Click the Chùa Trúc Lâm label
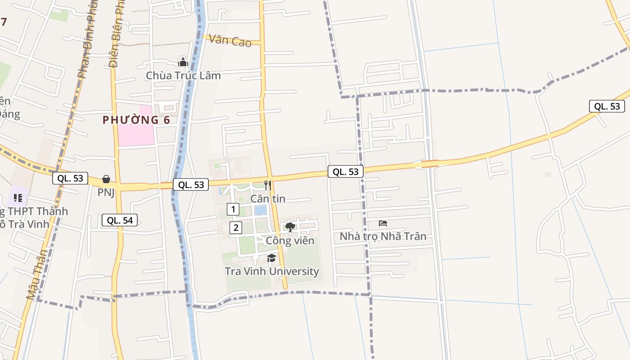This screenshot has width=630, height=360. pos(183,75)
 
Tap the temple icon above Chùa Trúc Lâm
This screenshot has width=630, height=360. pos(183,62)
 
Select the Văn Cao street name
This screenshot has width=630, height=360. pos(230,41)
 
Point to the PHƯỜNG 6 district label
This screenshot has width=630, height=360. pos(136,120)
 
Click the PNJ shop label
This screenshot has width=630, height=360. pos(106,193)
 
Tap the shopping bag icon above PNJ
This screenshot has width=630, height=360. pos(106,180)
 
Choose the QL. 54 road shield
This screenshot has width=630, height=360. pos(119,220)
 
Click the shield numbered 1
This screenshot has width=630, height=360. pos(233,209)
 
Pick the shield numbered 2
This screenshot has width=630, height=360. pos(236,228)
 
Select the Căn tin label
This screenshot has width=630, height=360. pos(268,198)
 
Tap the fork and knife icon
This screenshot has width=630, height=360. pos(268,185)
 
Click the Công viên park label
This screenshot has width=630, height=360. pos(290,241)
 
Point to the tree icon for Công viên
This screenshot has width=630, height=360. pos(290,227)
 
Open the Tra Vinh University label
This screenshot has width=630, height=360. pos(272,271)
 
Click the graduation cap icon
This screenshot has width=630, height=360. pos(271,258)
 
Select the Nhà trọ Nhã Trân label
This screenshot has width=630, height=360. pos(383,236)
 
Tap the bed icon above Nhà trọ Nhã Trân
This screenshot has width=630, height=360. pos(383,223)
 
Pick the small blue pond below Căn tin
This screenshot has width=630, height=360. pos(260,210)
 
